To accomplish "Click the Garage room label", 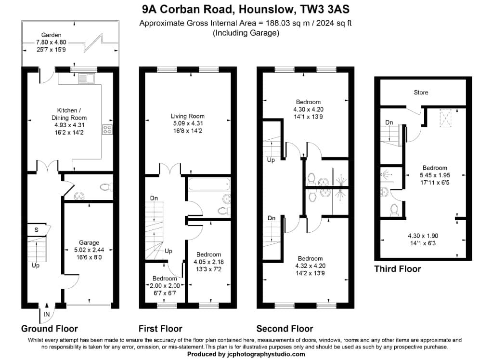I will point(90,242).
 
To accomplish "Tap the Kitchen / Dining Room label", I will point(69,114).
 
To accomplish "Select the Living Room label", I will point(188,116).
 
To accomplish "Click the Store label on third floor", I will point(421,92).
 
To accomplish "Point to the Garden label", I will point(51,35).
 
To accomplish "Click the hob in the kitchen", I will point(107,129).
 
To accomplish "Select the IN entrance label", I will point(47,314).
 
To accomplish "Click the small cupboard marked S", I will point(36,230).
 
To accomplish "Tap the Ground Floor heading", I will point(49,329).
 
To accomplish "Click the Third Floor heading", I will point(398,269).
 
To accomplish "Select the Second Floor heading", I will point(285,329).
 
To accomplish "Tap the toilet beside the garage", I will point(104,187).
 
